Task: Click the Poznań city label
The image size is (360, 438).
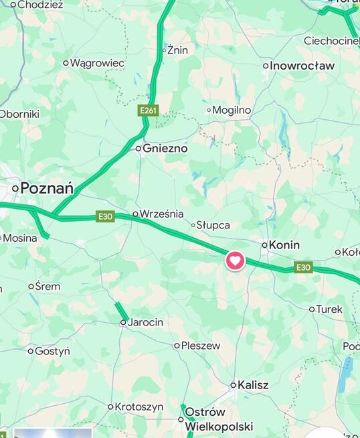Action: [x=47, y=188]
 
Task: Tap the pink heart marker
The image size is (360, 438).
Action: [x=235, y=260]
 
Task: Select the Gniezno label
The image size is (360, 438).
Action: [x=165, y=149]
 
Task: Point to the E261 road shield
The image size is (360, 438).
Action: [x=149, y=110]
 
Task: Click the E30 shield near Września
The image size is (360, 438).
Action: [x=105, y=216]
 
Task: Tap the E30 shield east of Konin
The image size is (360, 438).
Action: [x=304, y=267]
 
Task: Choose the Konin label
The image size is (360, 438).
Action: [x=284, y=245]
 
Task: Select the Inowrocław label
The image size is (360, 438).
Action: [x=302, y=66]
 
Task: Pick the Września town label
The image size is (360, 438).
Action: [x=161, y=214]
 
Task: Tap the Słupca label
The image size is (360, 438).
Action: [x=216, y=225]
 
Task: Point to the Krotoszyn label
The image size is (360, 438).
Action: [x=139, y=407]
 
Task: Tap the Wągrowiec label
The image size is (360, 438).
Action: [x=97, y=63]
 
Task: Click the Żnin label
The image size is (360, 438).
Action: [x=178, y=50]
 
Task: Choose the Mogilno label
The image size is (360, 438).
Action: [x=232, y=110]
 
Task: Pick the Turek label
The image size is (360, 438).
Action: [x=329, y=309]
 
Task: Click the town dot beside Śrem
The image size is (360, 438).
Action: [x=31, y=287]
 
